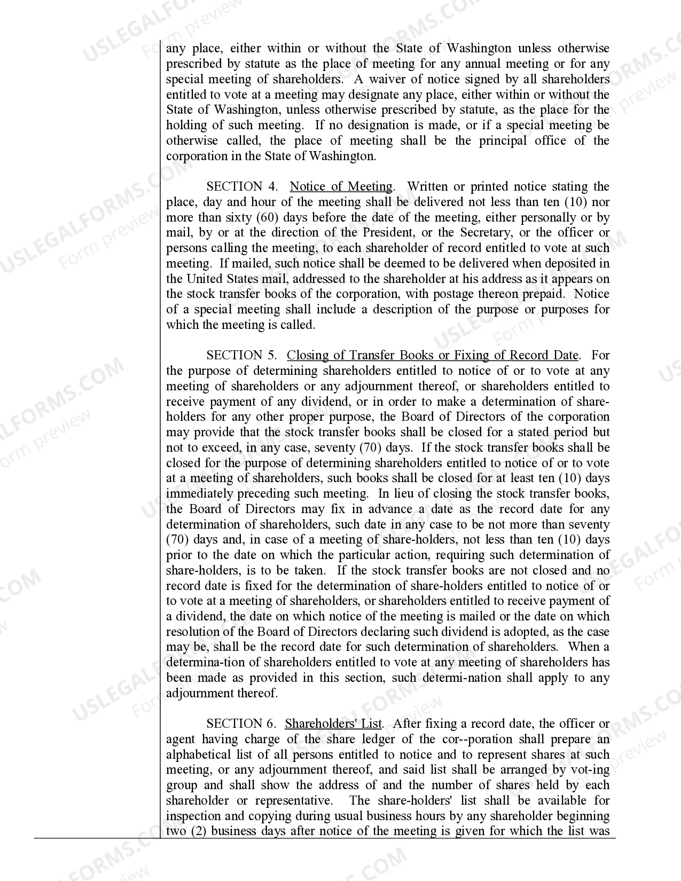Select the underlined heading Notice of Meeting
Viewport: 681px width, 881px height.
coord(341,187)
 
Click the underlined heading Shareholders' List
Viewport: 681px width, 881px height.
coord(333,724)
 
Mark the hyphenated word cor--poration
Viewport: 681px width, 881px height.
coord(472,740)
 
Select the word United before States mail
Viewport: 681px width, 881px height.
coord(205,279)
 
